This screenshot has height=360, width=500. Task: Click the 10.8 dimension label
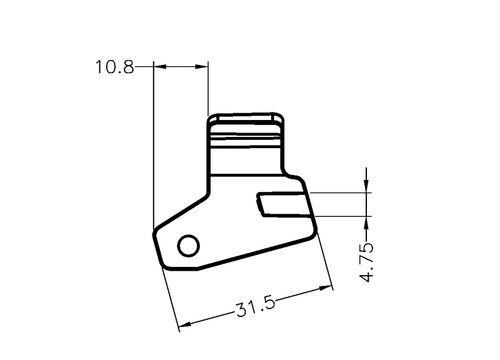click(x=115, y=67)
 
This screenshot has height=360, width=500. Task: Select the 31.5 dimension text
click(x=255, y=307)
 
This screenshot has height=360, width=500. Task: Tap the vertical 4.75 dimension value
click(x=366, y=262)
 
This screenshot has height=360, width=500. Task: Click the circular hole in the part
click(x=189, y=246)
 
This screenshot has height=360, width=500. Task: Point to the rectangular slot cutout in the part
click(x=284, y=205)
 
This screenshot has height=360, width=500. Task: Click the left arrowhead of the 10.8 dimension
click(x=160, y=67)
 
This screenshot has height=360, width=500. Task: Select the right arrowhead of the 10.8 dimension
click(x=201, y=67)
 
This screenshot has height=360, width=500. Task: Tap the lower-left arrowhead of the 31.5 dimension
click(x=184, y=324)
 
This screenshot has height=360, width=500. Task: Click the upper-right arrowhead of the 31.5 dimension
click(x=326, y=288)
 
